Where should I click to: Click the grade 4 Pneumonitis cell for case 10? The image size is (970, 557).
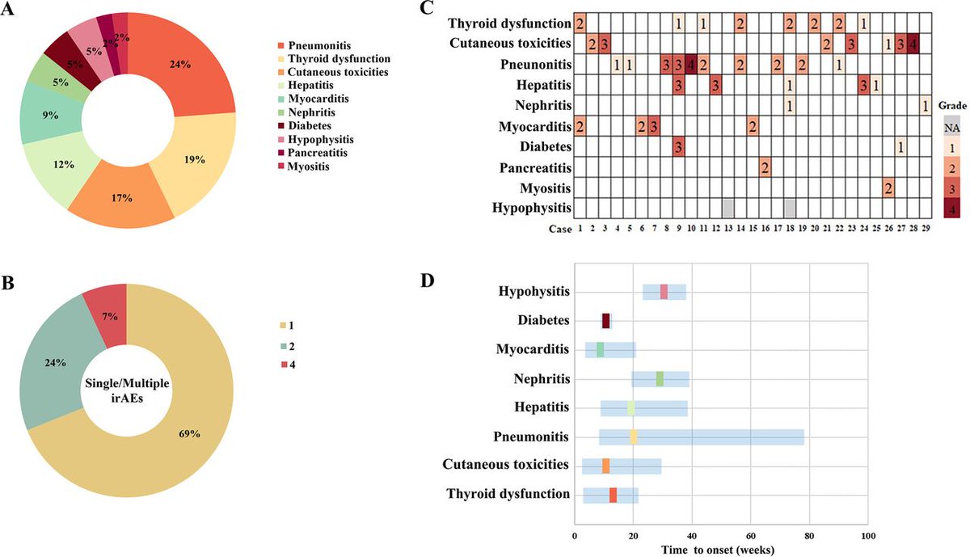(691, 64)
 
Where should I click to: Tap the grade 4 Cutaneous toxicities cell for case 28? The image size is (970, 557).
(913, 43)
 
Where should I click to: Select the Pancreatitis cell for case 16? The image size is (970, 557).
(765, 169)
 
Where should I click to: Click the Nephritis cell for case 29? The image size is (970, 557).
(926, 106)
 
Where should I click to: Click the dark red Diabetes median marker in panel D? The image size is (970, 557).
(605, 321)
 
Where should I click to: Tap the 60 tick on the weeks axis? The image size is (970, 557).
(750, 537)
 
